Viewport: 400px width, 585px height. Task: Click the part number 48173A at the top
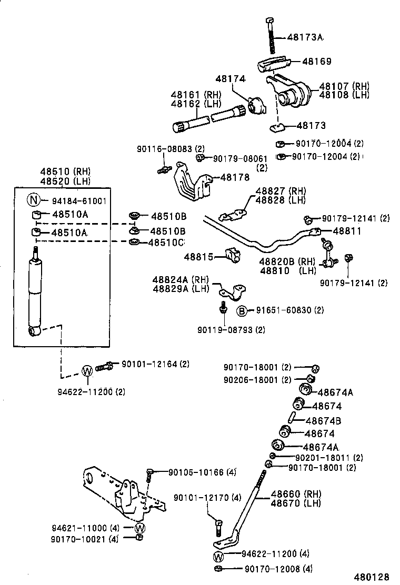(305, 37)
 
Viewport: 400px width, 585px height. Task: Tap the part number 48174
(231, 79)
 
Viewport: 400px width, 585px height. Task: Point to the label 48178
(235, 177)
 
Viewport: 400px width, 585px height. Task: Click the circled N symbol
(34, 200)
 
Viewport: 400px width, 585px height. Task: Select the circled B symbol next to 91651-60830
(241, 311)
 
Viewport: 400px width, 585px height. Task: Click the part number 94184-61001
(79, 200)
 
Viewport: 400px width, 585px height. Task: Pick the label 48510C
(167, 243)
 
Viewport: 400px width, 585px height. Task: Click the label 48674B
(323, 420)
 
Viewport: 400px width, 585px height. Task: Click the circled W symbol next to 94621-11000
(140, 528)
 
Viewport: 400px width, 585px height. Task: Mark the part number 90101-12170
(201, 497)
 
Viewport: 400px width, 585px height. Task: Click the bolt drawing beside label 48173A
(271, 35)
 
